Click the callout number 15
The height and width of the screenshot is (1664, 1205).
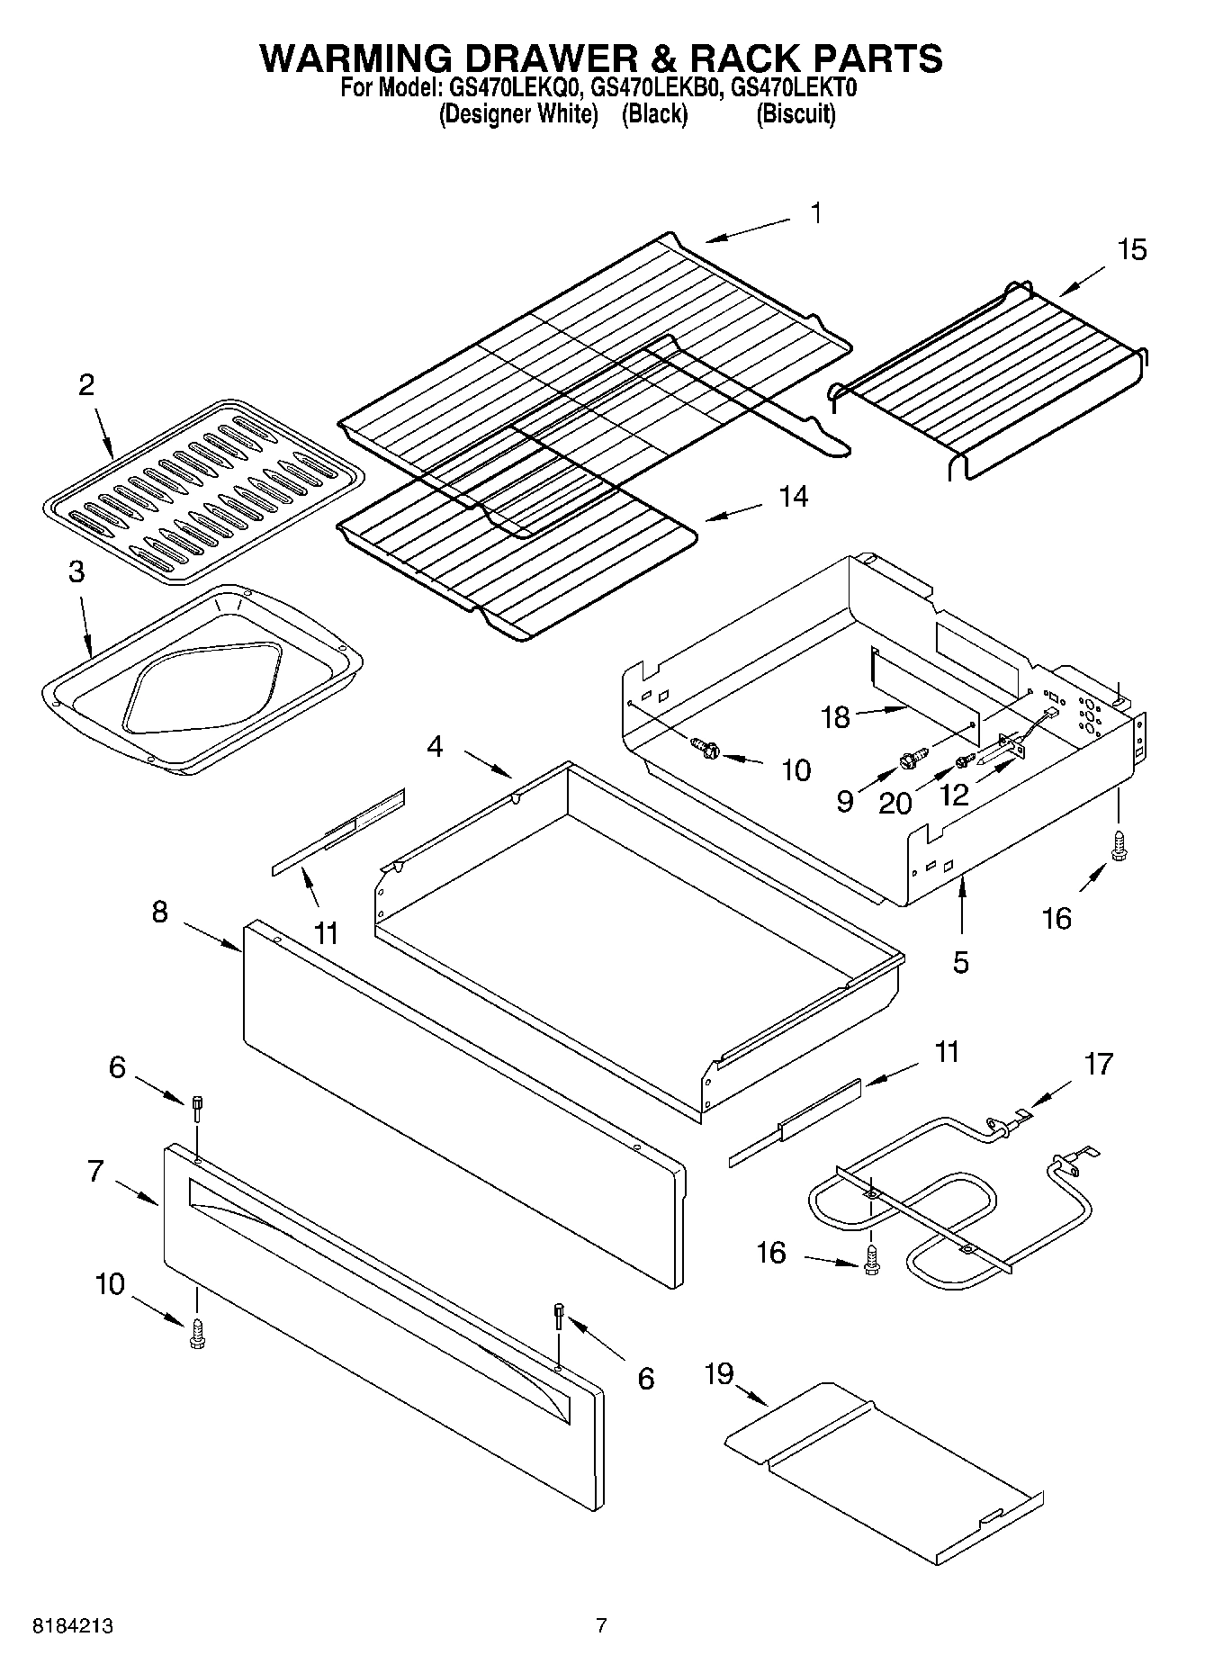pyautogui.click(x=1132, y=249)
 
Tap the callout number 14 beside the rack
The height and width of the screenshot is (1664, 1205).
pyautogui.click(x=793, y=496)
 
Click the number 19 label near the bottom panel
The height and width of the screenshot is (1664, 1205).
pyautogui.click(x=719, y=1374)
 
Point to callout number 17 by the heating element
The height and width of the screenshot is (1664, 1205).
pyautogui.click(x=1099, y=1065)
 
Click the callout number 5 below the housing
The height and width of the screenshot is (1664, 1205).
pyautogui.click(x=961, y=962)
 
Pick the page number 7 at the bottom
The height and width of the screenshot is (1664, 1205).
pyautogui.click(x=601, y=1626)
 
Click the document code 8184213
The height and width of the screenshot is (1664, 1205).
pyautogui.click(x=73, y=1627)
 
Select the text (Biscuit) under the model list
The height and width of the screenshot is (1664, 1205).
pyautogui.click(x=796, y=115)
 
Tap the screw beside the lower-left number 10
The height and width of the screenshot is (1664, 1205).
pyautogui.click(x=196, y=1333)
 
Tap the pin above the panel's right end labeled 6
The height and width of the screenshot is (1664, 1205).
pyautogui.click(x=560, y=1317)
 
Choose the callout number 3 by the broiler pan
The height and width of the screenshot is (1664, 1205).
pyautogui.click(x=76, y=571)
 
